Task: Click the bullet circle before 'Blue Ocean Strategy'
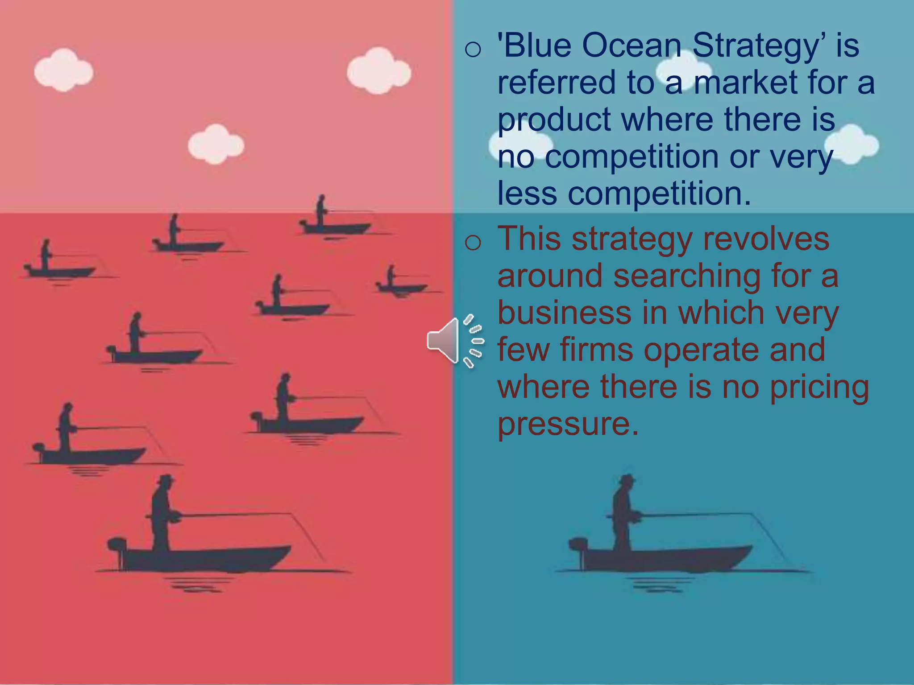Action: [473, 49]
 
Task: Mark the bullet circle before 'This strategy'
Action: [473, 243]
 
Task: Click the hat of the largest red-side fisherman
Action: [166, 479]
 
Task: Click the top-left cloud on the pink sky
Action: [63, 70]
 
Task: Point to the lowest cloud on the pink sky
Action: [216, 144]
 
